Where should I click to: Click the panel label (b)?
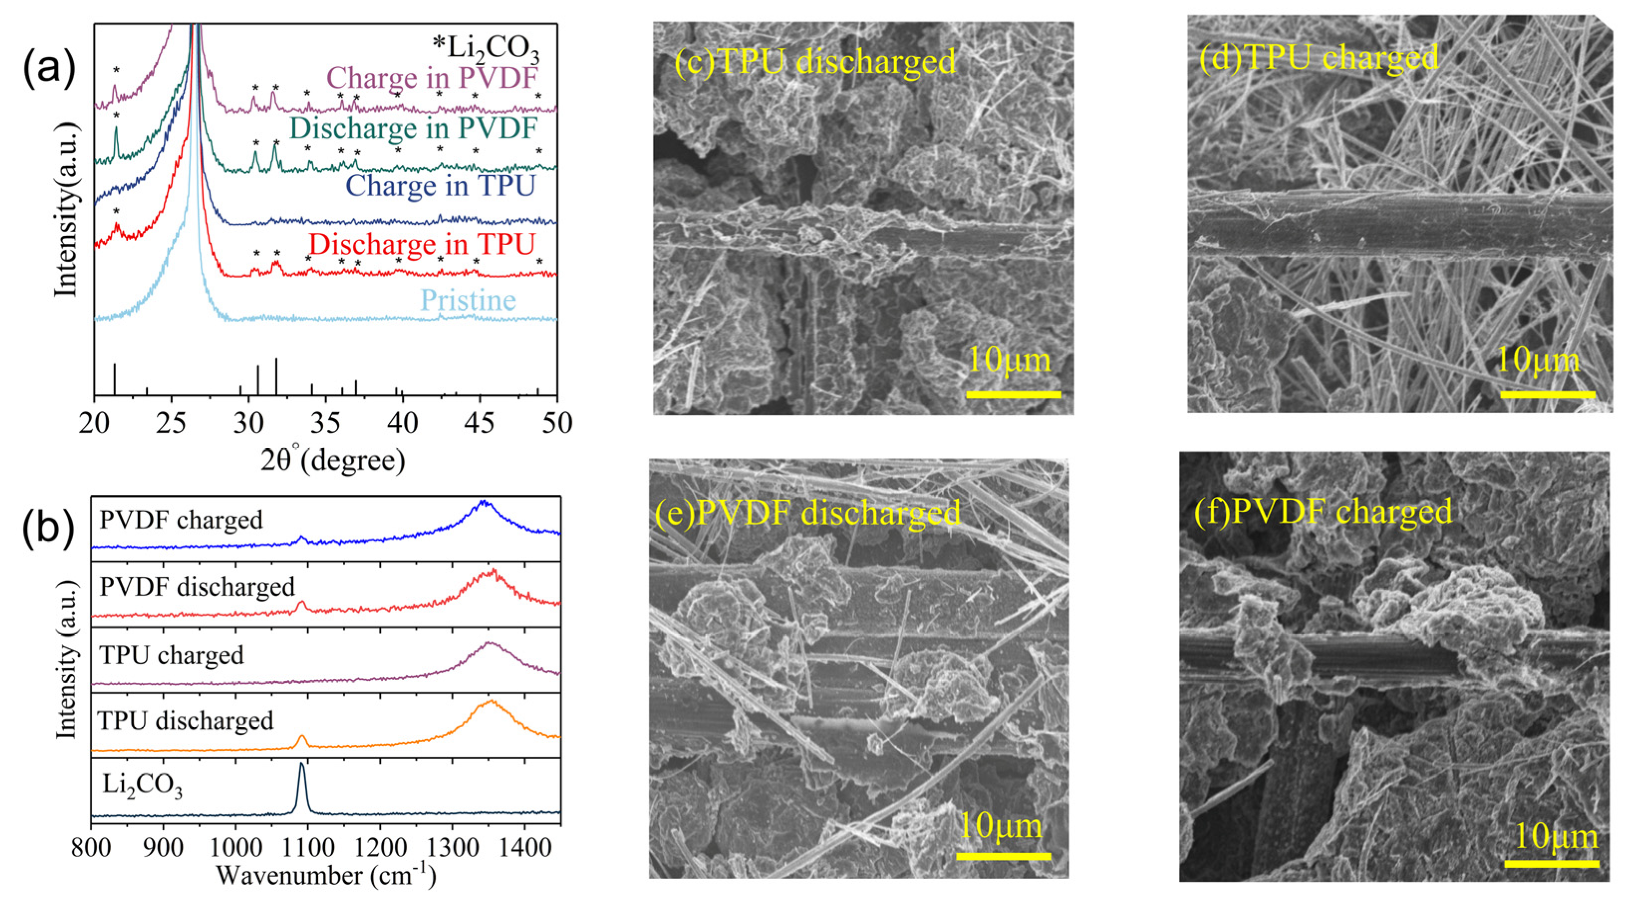[49, 527]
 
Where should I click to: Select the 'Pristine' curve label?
[468, 300]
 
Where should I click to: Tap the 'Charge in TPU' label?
[440, 186]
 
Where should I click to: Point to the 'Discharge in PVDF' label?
[413, 129]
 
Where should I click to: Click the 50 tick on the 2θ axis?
[557, 422]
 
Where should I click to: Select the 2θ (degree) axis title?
[333, 460]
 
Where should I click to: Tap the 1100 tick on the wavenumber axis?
[308, 848]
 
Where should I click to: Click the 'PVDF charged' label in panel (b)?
[181, 520]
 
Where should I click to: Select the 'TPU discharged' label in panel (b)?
[186, 721]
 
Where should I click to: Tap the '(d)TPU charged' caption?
[1319, 58]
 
